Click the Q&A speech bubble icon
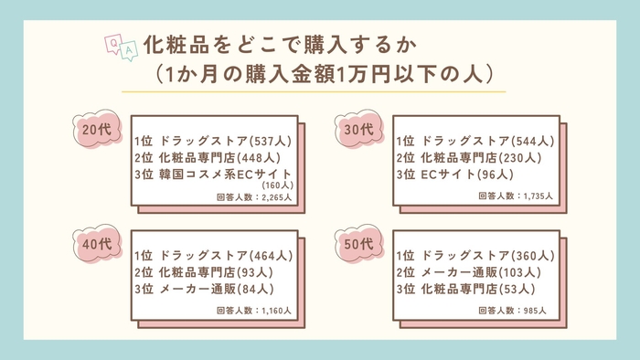point(123,46)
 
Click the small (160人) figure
point(275,185)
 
